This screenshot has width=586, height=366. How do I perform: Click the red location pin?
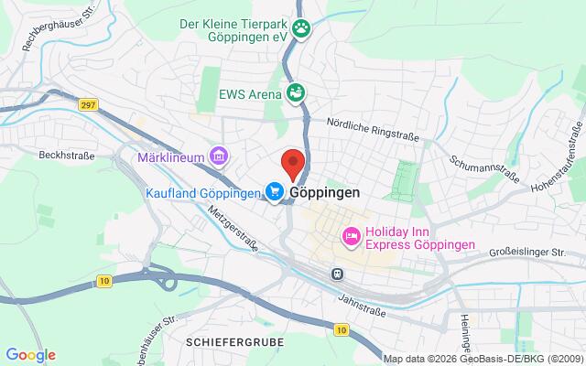292,161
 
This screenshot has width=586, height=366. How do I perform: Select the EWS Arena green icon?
295,91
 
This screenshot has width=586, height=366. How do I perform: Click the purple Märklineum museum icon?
218,157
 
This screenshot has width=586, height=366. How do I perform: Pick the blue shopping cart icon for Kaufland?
274,191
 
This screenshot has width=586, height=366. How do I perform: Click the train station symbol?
337,273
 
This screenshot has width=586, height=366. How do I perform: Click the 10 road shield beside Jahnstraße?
341,328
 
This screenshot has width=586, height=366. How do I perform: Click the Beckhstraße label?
67,156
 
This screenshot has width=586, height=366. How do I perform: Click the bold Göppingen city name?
324,193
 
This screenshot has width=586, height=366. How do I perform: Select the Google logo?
30,355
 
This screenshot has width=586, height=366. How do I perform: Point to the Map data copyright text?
483,358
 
